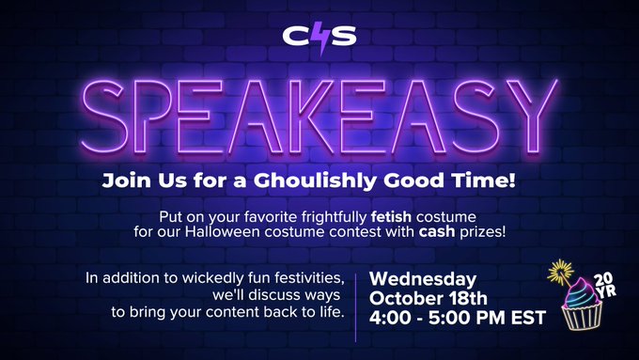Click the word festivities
point(300,278)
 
